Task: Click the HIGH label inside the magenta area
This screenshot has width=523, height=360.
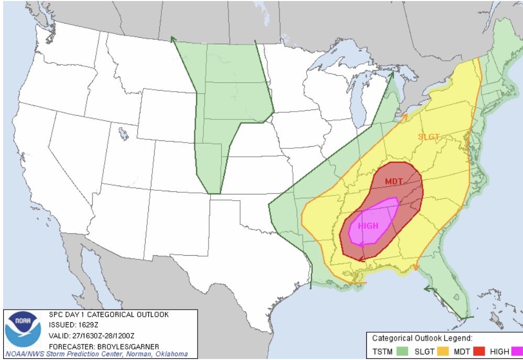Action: (x=368, y=225)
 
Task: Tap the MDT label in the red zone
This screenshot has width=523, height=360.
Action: (x=394, y=181)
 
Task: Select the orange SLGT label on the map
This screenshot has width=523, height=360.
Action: (x=428, y=137)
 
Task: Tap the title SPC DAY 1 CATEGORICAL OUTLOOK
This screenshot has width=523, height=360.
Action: (x=108, y=315)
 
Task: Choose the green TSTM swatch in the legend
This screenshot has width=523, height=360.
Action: (x=404, y=350)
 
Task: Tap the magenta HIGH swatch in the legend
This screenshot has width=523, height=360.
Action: (x=517, y=350)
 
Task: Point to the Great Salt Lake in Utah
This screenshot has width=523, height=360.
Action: (x=124, y=134)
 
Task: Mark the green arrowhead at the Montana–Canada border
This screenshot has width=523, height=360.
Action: (x=172, y=39)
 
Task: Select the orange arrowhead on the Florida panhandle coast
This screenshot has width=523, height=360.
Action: (x=415, y=267)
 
